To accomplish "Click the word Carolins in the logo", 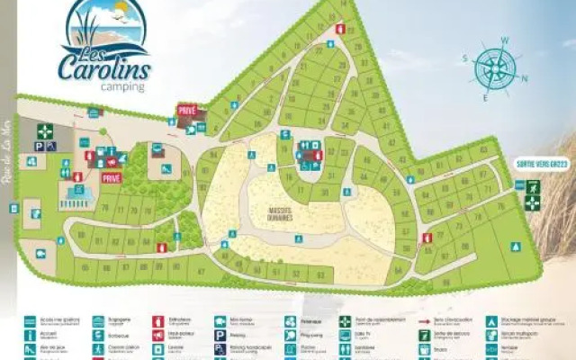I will click(103, 67).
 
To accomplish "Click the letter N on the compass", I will click(525, 78).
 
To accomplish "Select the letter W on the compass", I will click(505, 40).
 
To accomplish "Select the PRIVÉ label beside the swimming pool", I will click(112, 178).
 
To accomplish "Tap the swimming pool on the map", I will click(77, 193).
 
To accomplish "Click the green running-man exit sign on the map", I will click(533, 187).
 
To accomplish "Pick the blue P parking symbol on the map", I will click(50, 147).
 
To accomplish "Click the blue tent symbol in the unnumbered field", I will click(516, 247).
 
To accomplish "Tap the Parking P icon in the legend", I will click(220, 334).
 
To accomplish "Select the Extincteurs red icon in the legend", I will click(158, 319).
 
